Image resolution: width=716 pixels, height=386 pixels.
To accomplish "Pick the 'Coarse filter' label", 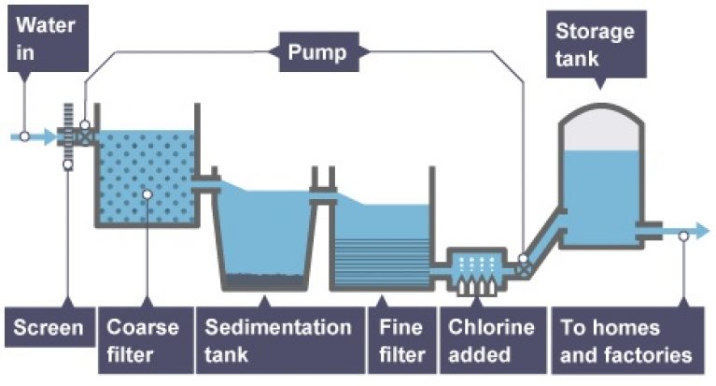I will point(142,341).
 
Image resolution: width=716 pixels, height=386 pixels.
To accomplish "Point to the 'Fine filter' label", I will point(402,341).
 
